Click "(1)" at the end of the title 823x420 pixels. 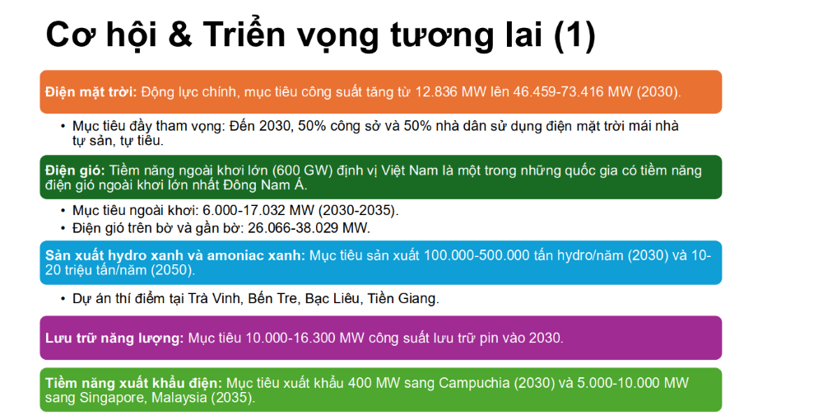pyautogui.click(x=574, y=35)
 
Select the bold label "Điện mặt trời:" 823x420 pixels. pyautogui.click(x=91, y=91)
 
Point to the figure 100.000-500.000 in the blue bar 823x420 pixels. pyautogui.click(x=477, y=255)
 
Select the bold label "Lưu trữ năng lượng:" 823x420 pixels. pyautogui.click(x=114, y=338)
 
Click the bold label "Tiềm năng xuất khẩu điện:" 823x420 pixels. pyautogui.click(x=134, y=383)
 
